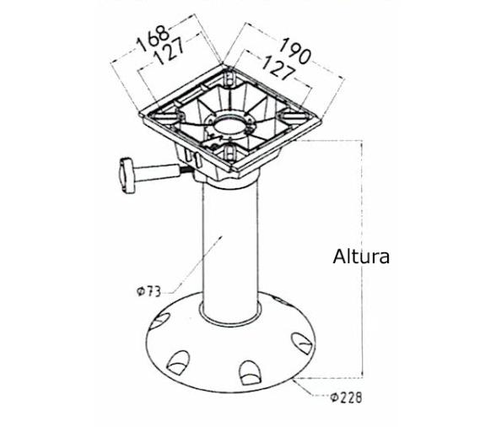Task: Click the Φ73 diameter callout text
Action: [x=148, y=291]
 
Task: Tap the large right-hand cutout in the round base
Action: [x=300, y=343]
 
